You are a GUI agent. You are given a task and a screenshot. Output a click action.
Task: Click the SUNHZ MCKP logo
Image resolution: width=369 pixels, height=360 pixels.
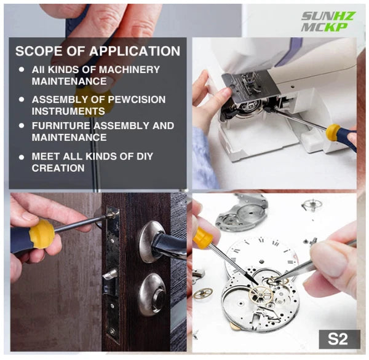pyautogui.click(x=328, y=22)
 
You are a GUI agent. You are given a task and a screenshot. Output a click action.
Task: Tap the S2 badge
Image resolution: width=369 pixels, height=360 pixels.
pyautogui.click(x=339, y=339)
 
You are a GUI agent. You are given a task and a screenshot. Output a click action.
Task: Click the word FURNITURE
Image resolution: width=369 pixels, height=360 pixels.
pyautogui.click(x=61, y=125)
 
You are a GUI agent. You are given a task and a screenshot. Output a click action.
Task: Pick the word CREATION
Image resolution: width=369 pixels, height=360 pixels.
pyautogui.click(x=58, y=168)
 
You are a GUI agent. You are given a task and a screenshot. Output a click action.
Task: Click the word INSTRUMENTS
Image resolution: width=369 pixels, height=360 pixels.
pyautogui.click(x=68, y=111)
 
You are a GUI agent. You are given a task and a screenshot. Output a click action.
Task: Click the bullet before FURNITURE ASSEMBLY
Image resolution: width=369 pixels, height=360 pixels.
pyautogui.click(x=22, y=126)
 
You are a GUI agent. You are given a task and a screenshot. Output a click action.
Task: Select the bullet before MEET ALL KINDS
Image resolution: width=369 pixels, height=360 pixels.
pyautogui.click(x=22, y=157)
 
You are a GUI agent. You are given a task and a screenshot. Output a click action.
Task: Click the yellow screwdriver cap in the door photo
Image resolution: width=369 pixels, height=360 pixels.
pyautogui.click(x=42, y=234)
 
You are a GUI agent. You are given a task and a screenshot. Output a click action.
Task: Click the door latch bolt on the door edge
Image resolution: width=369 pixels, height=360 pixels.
pyautogui.click(x=110, y=275)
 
